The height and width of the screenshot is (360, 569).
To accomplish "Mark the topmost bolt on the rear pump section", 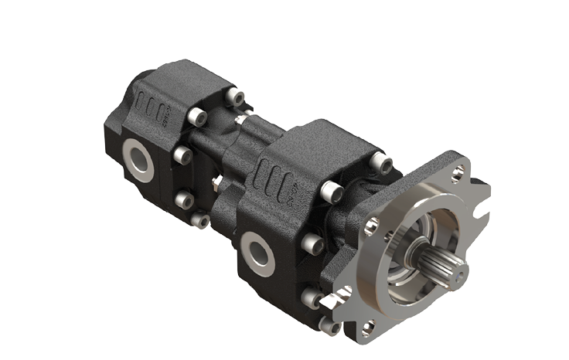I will click(233, 98).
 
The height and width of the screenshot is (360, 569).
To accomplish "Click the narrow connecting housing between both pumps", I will click(232, 155).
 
